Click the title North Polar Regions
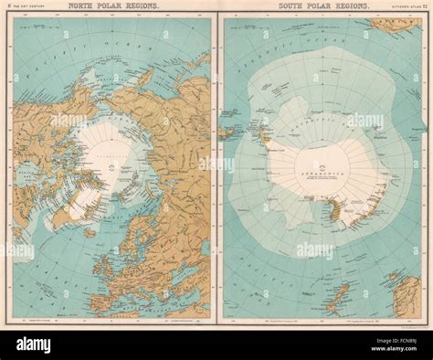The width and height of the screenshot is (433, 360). pos(107,7)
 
